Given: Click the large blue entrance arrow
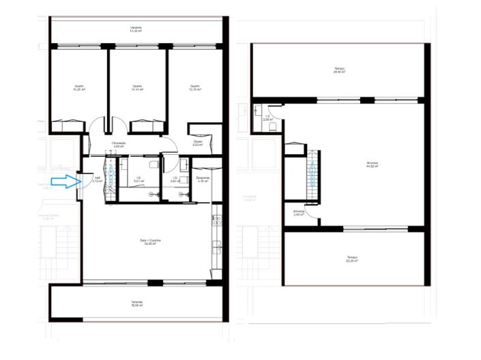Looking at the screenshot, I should click(x=65, y=181).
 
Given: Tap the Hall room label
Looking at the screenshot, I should click(x=98, y=179).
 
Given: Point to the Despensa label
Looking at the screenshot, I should click(x=203, y=180).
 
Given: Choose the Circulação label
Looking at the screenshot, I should click(x=119, y=144).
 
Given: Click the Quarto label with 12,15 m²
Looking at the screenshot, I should click(x=194, y=88).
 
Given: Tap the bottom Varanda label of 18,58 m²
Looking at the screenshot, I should click(x=136, y=303).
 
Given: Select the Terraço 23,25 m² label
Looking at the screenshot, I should click(x=351, y=259).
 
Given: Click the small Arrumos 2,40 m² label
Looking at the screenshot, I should click(x=298, y=213).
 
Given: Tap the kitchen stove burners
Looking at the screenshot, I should click(x=217, y=221).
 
